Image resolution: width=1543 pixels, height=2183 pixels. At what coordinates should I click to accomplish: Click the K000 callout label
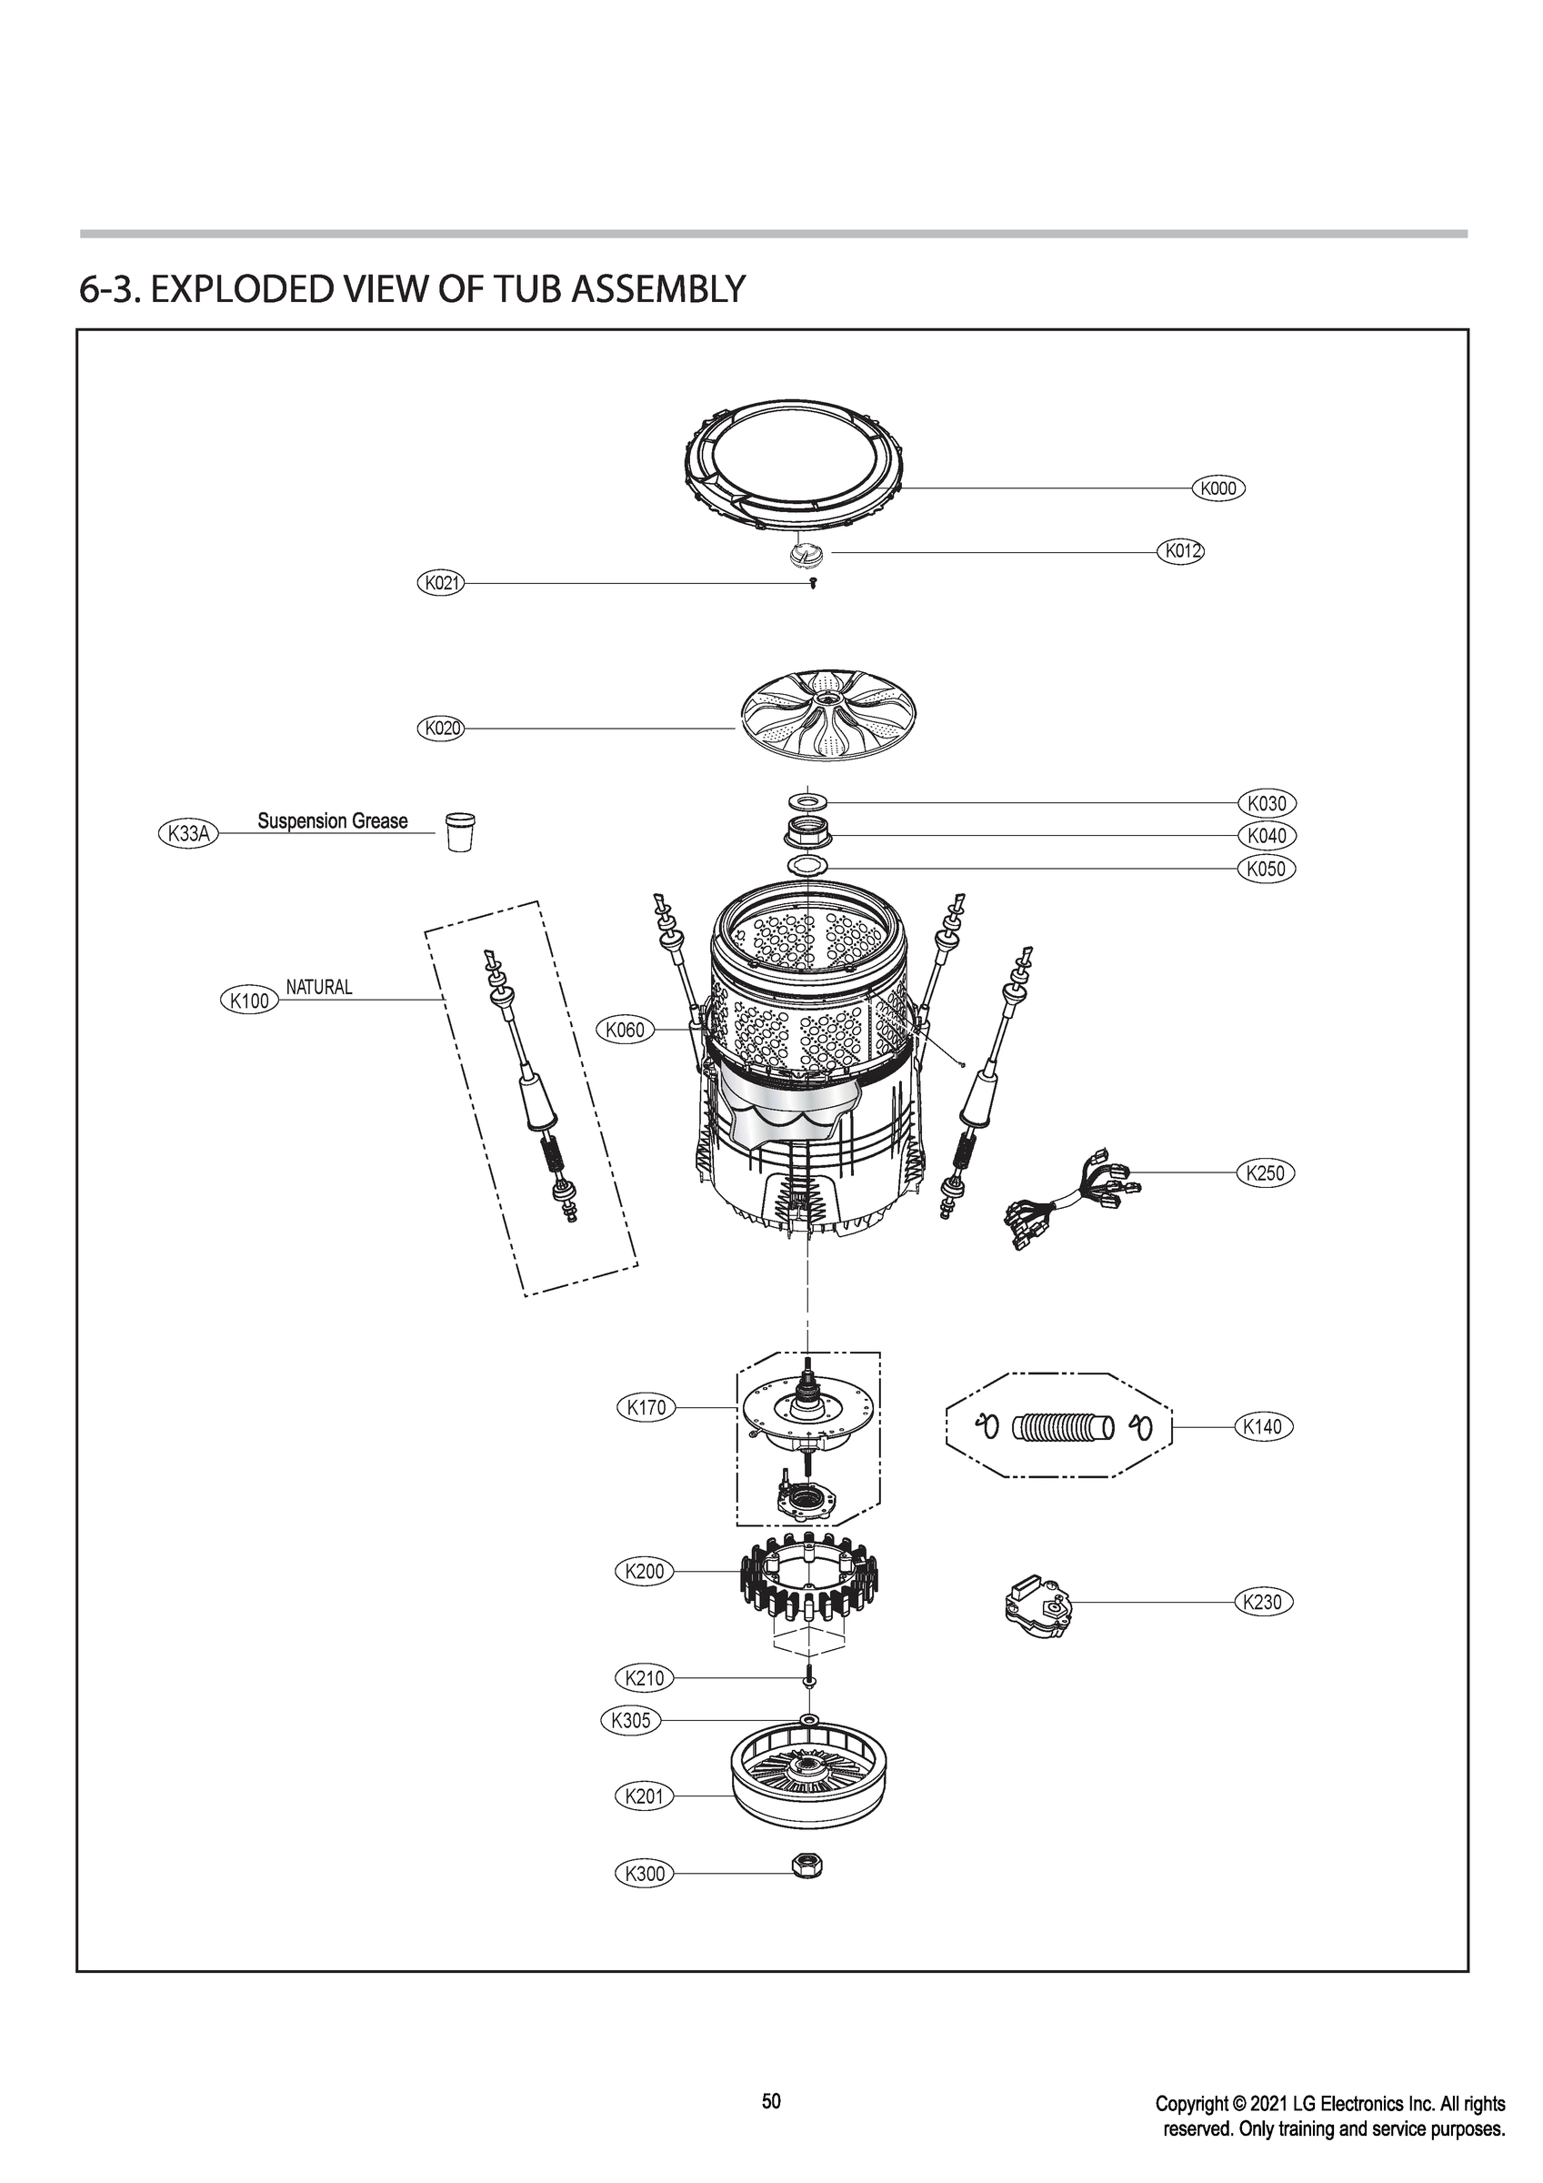click(1217, 488)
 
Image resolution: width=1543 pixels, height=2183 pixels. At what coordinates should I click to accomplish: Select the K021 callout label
click(441, 583)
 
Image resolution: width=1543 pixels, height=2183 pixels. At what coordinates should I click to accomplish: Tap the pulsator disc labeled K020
click(808, 727)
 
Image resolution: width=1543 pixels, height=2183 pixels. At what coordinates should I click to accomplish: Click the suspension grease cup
click(460, 831)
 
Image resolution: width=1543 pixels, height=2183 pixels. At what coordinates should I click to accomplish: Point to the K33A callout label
click(187, 834)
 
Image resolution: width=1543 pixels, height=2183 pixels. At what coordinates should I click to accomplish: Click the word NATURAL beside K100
click(318, 987)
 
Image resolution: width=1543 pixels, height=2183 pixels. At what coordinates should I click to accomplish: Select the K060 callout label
click(625, 1029)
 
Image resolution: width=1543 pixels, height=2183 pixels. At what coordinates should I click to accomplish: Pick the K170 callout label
click(646, 1407)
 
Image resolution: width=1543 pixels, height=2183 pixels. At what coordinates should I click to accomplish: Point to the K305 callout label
click(630, 1719)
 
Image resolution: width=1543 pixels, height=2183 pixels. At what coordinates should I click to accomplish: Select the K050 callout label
click(1267, 868)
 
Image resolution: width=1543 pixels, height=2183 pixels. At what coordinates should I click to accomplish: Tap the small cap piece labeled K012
click(807, 554)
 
